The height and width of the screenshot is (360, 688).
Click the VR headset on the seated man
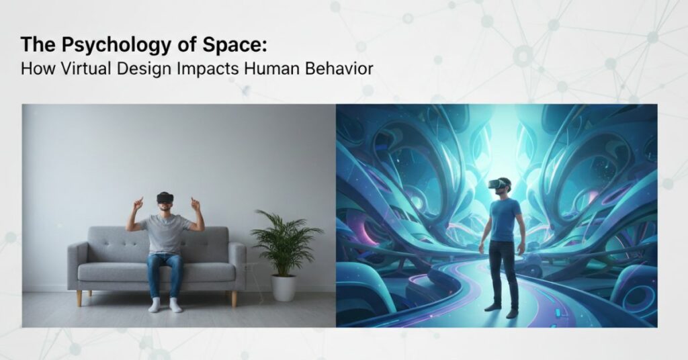[165, 197]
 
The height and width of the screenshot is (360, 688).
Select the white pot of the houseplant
[284, 287]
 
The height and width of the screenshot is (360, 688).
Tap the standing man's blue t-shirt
[504, 219]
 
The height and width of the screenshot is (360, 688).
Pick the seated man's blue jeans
[165, 272]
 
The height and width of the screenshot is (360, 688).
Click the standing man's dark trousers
[503, 272]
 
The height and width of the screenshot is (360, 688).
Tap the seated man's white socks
[165, 306]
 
